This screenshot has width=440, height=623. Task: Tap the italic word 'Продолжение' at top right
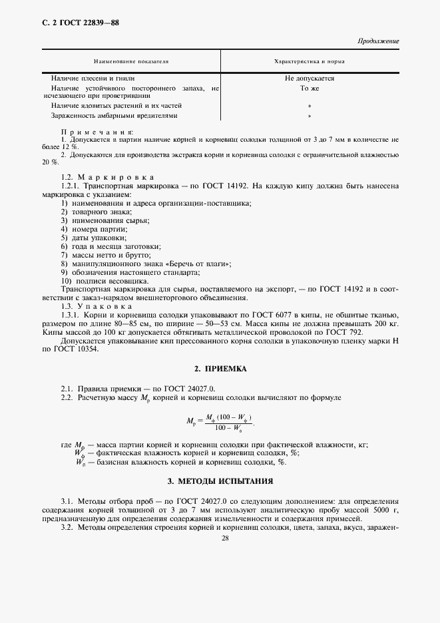378,41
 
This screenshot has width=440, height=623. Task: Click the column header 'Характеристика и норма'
309,61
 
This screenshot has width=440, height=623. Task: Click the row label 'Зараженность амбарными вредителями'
114,115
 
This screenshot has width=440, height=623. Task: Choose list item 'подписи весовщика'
105,281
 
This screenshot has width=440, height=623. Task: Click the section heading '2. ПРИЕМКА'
220,368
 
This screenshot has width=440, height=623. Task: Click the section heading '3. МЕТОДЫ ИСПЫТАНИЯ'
220,481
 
